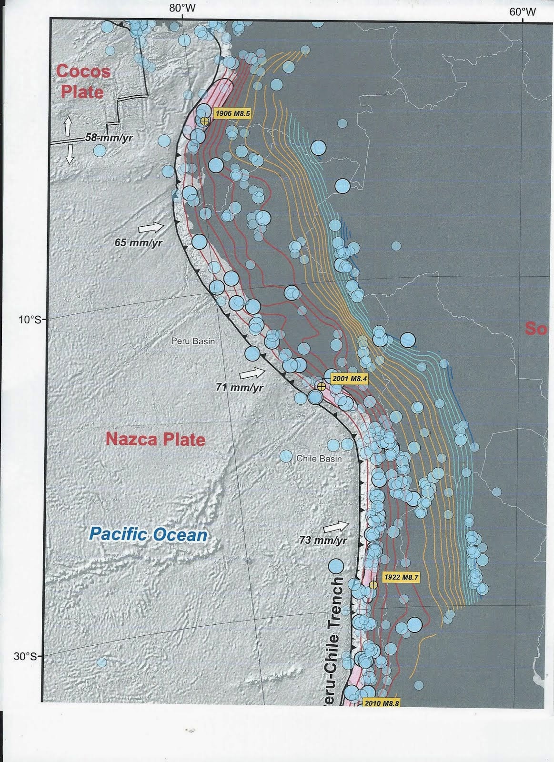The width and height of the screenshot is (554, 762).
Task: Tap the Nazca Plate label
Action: (156, 438)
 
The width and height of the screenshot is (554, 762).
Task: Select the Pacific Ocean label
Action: (149, 534)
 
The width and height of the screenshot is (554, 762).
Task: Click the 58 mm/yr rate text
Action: (109, 138)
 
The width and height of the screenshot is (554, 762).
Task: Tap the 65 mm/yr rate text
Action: (139, 242)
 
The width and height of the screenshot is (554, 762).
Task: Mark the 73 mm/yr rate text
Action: (323, 541)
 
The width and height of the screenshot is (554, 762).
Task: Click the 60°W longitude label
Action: (523, 12)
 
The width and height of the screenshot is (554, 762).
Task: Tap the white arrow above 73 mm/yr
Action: (335, 526)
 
